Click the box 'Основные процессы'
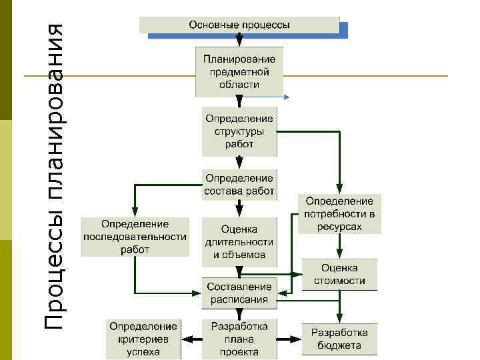[x=240, y=25]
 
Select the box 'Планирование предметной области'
[x=239, y=71]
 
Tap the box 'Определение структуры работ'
[x=239, y=131]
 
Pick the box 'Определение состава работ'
[x=239, y=185]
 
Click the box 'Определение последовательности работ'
[x=135, y=237]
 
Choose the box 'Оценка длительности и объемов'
[x=239, y=241]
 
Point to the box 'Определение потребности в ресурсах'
[x=339, y=213]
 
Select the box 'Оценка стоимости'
[x=339, y=274]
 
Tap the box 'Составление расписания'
[x=239, y=293]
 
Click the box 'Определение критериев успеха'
[x=143, y=339]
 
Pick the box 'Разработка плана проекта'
[x=239, y=339]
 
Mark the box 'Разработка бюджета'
[x=339, y=339]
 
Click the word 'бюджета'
[x=339, y=345]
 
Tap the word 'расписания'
[x=239, y=299]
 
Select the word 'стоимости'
[x=339, y=281]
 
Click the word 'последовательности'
[x=135, y=237]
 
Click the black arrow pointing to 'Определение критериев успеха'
[x=191, y=339]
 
